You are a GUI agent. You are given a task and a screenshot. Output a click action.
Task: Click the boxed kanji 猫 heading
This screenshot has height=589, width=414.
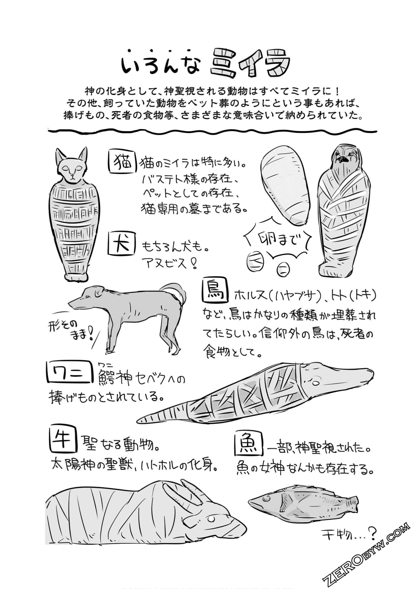122,162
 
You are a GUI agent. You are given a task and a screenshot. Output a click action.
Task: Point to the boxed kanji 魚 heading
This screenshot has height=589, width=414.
248,446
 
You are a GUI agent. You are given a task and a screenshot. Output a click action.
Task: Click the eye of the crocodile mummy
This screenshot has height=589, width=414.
316,383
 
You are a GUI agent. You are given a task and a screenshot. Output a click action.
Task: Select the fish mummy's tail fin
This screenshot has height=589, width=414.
353,503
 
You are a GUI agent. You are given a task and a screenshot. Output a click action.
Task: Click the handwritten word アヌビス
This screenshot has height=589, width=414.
170,263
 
